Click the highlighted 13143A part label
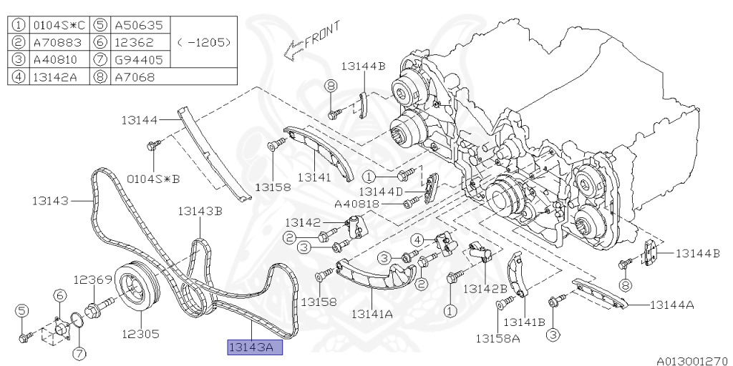point(254,347)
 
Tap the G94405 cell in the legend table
point(139,59)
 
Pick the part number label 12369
point(91,280)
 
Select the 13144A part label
point(671,305)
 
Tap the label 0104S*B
point(152,177)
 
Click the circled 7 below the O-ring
point(79,352)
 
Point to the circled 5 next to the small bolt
point(22,310)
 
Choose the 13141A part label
point(372,313)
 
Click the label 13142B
point(485,288)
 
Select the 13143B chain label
point(200,211)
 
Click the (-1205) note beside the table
point(204,42)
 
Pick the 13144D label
point(381,191)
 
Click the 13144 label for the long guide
point(139,120)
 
